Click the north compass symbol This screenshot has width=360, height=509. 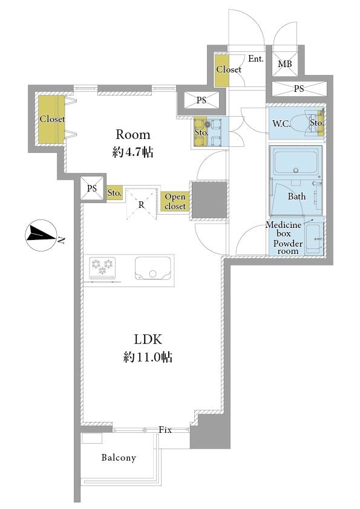[x=41, y=235]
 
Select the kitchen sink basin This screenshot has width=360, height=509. [x=153, y=268]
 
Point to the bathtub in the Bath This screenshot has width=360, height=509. [x=295, y=162]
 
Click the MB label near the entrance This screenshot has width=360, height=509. [x=284, y=64]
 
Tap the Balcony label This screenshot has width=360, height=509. [x=119, y=458]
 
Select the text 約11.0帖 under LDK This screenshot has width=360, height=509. [x=148, y=357]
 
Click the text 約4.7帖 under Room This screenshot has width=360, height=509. [x=133, y=152]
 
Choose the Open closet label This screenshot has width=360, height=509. [x=175, y=201]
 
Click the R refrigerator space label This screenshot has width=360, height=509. [x=142, y=205]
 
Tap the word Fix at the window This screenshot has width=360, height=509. [x=165, y=429]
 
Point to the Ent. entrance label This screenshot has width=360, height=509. [x=256, y=59]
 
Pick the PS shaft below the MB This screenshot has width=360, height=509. [x=299, y=89]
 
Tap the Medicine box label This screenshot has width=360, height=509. [x=284, y=229]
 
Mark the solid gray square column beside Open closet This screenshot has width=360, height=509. [x=209, y=199]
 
